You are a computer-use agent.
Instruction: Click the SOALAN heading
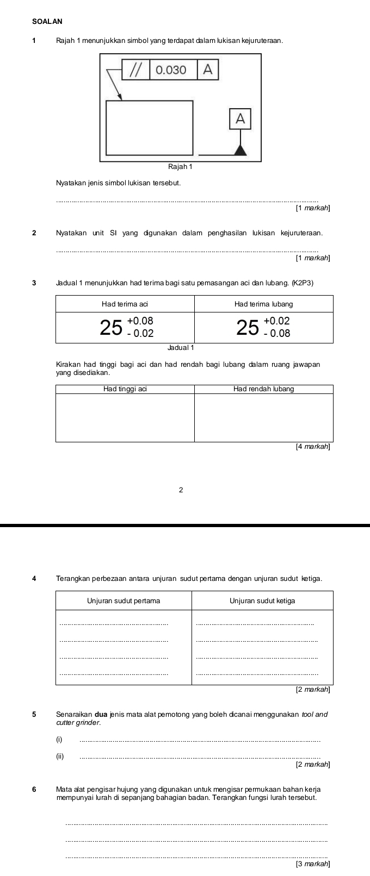[x=47, y=21]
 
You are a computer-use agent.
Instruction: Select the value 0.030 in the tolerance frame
[x=171, y=70]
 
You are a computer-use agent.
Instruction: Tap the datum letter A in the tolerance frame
[x=207, y=70]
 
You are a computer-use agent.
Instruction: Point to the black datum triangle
[x=240, y=150]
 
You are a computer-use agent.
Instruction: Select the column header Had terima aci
[x=125, y=304]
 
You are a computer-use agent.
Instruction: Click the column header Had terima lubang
[x=263, y=304]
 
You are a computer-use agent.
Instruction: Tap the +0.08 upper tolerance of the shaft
[x=140, y=321]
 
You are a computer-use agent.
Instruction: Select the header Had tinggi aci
[x=125, y=389]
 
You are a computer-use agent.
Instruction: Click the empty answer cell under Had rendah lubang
[x=263, y=417]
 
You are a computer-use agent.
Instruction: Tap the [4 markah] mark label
[x=312, y=447]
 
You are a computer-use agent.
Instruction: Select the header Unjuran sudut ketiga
[x=262, y=600]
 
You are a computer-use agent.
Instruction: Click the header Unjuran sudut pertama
[x=124, y=600]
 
